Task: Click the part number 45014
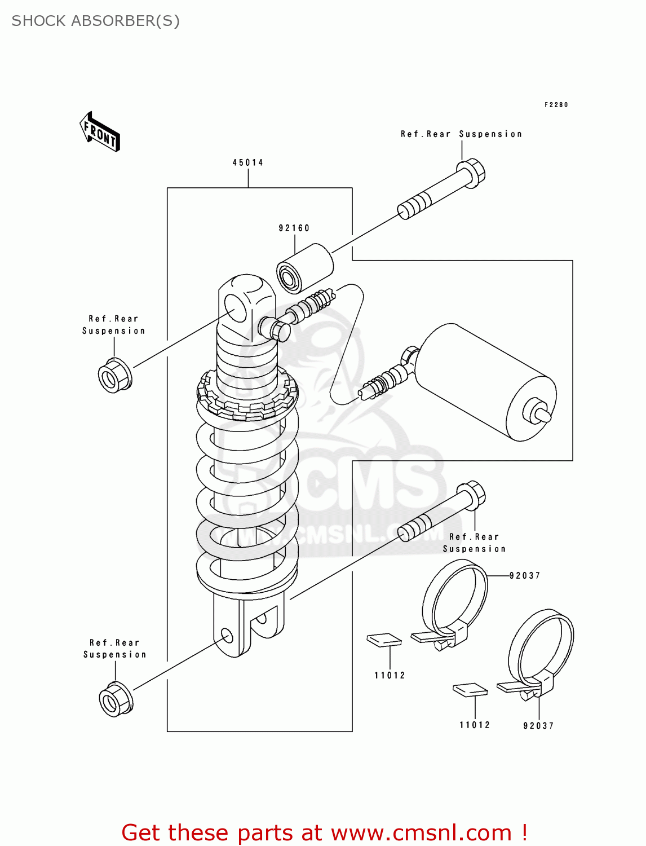(x=247, y=162)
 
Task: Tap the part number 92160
(x=294, y=228)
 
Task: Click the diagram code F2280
(x=556, y=105)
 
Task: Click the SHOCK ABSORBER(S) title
(x=95, y=21)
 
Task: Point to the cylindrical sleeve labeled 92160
(x=304, y=268)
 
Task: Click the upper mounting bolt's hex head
(x=471, y=171)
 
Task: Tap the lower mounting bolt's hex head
(x=471, y=495)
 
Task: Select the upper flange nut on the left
(x=115, y=376)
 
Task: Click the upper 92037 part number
(x=524, y=576)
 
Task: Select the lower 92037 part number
(x=538, y=726)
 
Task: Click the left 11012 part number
(x=390, y=675)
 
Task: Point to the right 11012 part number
(x=475, y=725)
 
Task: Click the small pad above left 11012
(x=384, y=640)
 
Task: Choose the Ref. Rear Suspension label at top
(x=461, y=134)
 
